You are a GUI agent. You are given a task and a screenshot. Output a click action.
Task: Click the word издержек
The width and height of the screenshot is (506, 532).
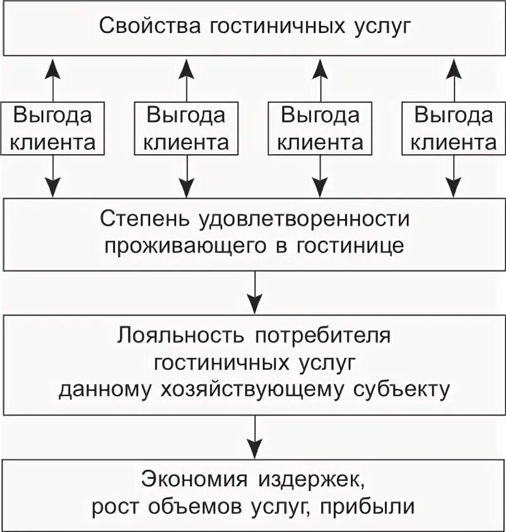pos(313,478)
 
